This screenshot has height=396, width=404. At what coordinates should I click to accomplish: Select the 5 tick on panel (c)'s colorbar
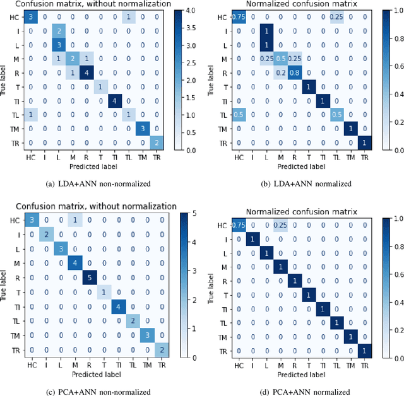tap(190, 216)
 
